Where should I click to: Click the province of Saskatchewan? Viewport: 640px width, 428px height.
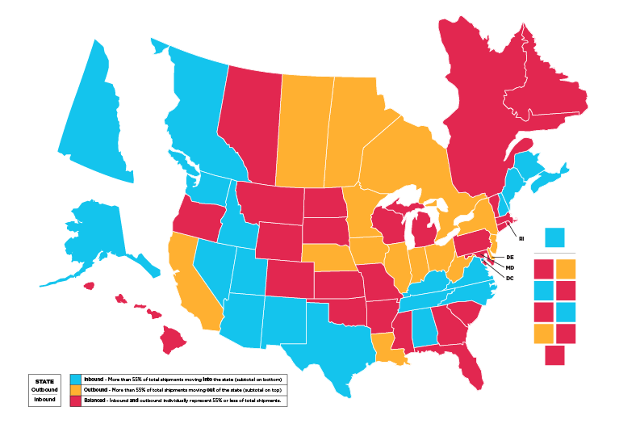point(303,129)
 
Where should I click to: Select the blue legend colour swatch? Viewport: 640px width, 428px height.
point(75,379)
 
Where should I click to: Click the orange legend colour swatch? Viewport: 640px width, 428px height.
point(75,389)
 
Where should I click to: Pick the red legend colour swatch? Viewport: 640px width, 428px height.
point(75,400)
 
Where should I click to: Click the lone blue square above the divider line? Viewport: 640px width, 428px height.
point(554,237)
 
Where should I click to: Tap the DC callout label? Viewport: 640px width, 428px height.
point(510,279)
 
